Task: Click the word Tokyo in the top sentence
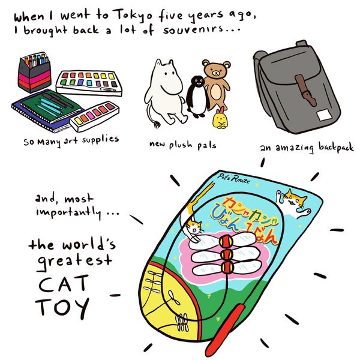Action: [134, 16]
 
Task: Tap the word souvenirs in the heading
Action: [193, 30]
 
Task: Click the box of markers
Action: [34, 72]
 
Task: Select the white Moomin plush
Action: [164, 94]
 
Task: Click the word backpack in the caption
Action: [336, 147]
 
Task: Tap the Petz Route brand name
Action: [233, 179]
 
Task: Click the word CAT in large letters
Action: [64, 283]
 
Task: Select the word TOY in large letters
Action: [62, 308]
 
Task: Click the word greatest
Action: [74, 261]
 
